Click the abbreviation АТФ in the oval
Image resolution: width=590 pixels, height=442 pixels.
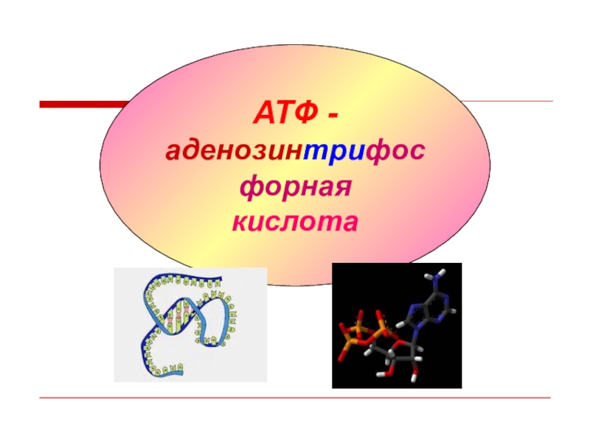285,115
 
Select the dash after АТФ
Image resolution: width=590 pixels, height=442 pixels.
333,116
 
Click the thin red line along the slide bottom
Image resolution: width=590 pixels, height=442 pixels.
295,399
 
